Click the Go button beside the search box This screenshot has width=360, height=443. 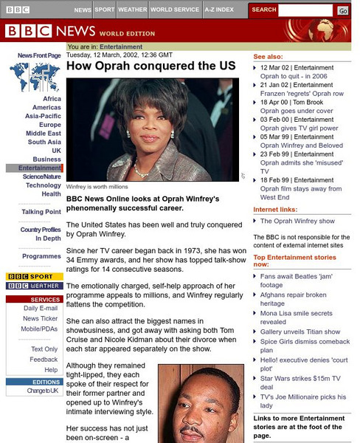[343, 10]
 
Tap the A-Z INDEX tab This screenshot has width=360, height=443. [219, 10]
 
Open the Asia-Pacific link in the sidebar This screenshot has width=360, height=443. [43, 116]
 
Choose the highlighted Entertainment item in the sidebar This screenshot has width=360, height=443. [40, 168]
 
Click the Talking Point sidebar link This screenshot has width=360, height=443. [41, 212]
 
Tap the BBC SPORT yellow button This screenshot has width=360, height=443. [34, 277]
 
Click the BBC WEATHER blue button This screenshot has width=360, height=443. [34, 286]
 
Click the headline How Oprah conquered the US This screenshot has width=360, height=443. [150, 66]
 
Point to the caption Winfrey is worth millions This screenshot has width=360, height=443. [97, 188]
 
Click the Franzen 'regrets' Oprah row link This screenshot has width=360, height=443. [302, 94]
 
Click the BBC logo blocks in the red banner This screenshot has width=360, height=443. [30, 31]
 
